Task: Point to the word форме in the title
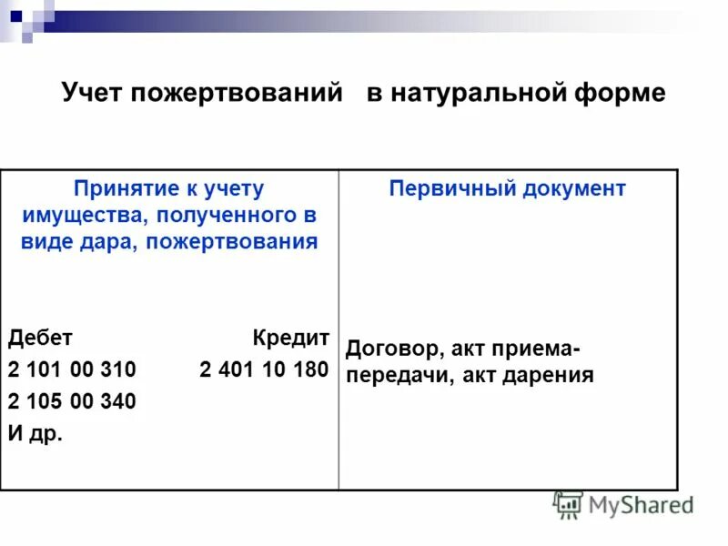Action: (x=622, y=94)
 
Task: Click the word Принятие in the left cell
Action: (x=119, y=189)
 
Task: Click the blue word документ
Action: (x=573, y=188)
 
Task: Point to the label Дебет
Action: (x=40, y=338)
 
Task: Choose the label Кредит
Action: (x=290, y=338)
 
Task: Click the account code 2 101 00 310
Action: (x=72, y=369)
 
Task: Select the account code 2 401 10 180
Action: (x=264, y=369)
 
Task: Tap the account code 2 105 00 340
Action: (x=72, y=401)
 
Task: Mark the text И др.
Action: (x=35, y=433)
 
